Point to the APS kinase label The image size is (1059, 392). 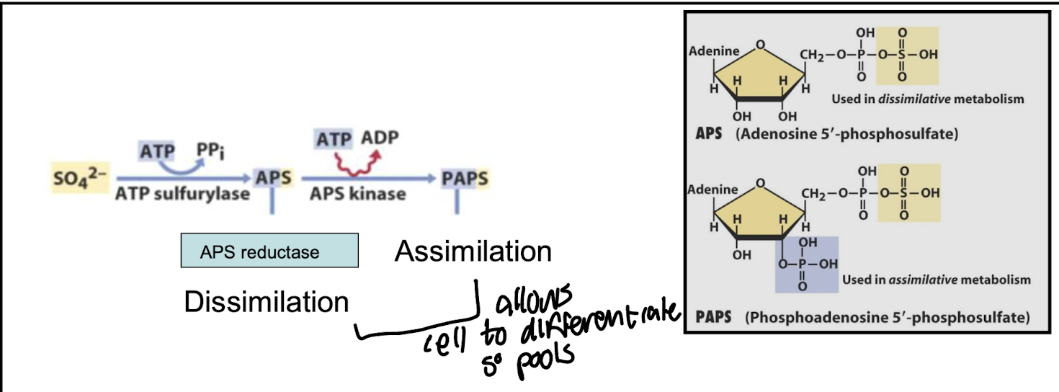coord(357,194)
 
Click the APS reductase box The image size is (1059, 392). coord(269,251)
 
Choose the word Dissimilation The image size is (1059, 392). coord(266,302)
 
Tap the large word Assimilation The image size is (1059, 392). coord(473,251)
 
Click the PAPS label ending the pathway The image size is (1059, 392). coord(465,178)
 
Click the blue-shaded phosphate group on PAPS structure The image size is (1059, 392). coord(806,264)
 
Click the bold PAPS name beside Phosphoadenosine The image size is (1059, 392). coord(714,316)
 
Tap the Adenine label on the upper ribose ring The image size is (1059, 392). coord(714,51)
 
